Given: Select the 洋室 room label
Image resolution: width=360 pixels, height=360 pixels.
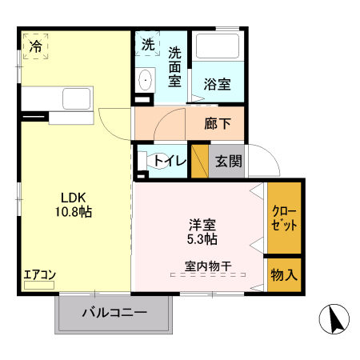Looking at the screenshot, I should [201, 225].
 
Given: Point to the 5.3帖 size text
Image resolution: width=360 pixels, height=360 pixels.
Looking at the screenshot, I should [201, 238].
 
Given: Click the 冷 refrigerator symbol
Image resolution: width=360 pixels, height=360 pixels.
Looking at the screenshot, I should [35, 46].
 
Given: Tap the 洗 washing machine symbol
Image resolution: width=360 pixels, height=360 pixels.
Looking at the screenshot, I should [148, 45].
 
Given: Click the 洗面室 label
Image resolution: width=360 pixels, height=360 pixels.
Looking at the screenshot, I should [175, 66].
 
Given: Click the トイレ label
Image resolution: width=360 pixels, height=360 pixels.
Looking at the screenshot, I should [170, 161].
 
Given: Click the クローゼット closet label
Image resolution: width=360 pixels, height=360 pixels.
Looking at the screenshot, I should [284, 218].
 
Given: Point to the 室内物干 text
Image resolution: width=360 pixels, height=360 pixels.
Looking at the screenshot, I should [208, 266].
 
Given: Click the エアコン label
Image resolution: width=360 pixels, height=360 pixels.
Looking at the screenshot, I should [39, 275].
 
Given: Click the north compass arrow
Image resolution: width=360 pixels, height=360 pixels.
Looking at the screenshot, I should [335, 320].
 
